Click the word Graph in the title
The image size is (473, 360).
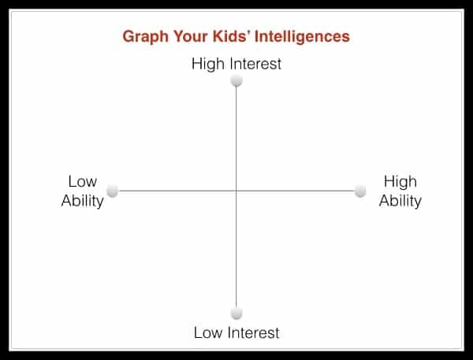pos(145,37)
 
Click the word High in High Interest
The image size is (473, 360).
pos(208,65)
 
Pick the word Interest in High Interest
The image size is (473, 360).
pos(255,64)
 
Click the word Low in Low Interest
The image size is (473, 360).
pos(208,333)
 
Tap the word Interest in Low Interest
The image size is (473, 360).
pos(254,333)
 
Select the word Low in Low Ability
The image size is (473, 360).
pos(83,181)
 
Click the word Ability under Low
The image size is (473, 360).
pos(82,202)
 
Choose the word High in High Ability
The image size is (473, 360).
pos(400,182)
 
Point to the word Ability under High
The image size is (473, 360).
pos(400,202)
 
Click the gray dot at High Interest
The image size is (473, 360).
pos(236,81)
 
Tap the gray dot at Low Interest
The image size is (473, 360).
pos(236,314)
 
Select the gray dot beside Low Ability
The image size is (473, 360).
pos(113,191)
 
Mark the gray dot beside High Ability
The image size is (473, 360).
pos(360,191)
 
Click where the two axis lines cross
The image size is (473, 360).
pos(236,191)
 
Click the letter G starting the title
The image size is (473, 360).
pos(128,36)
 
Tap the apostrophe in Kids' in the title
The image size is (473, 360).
pos(250,32)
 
